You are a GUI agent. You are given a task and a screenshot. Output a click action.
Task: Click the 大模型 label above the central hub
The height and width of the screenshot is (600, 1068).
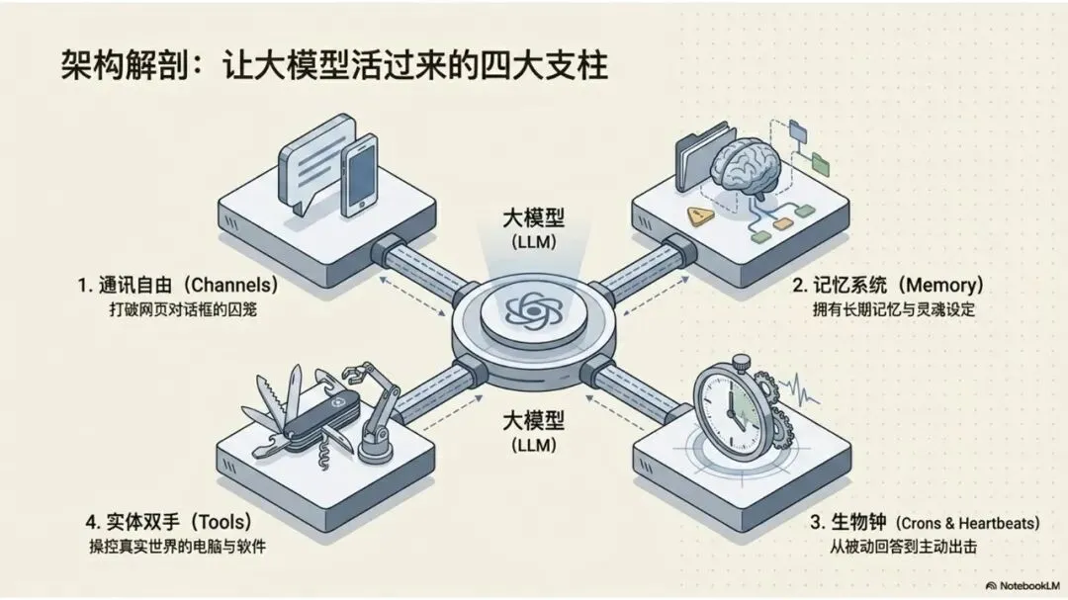click(x=533, y=218)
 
